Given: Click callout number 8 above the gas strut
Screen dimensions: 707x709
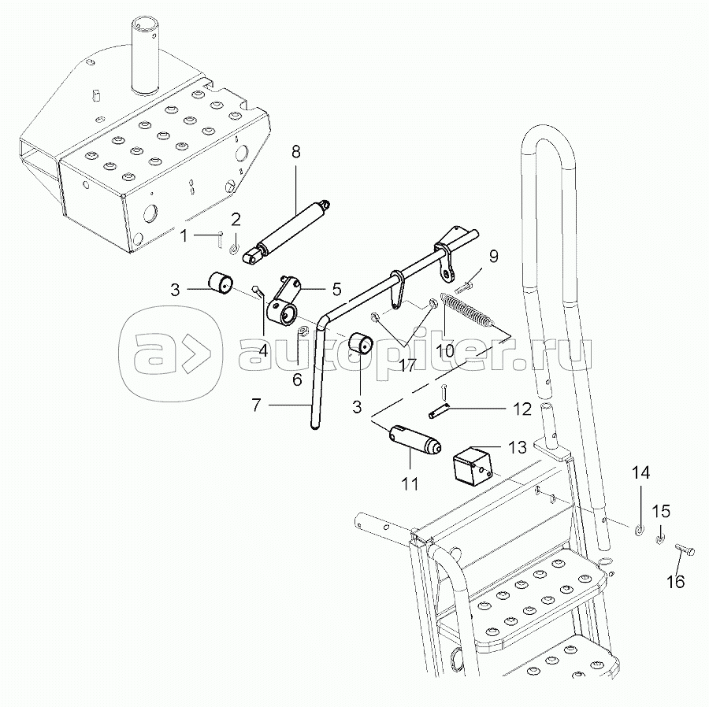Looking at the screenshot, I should point(295,153).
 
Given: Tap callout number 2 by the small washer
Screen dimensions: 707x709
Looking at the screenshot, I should point(236,219).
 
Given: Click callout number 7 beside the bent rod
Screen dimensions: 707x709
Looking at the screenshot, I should point(255,405).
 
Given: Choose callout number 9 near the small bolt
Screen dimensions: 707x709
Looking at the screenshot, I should point(493,256).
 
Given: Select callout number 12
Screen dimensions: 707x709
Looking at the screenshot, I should point(523,409).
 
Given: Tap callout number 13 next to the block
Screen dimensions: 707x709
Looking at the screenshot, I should point(516,448).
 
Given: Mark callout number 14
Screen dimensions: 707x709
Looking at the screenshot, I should point(640,473).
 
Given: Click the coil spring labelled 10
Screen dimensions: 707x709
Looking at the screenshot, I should point(470,309).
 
